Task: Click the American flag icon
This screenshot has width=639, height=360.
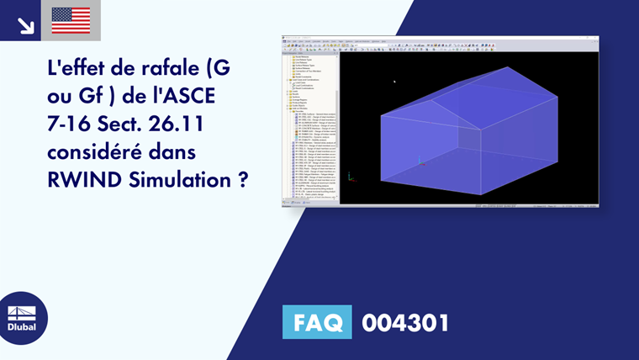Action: point(71,20)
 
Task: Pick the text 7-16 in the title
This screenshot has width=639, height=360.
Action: point(69,124)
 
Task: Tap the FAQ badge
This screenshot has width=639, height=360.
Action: point(316,323)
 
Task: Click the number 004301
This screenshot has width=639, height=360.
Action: point(405,323)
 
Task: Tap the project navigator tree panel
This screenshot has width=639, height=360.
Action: point(309,126)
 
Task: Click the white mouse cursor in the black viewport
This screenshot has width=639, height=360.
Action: point(394,82)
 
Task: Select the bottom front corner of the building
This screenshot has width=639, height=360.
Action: point(481,195)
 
